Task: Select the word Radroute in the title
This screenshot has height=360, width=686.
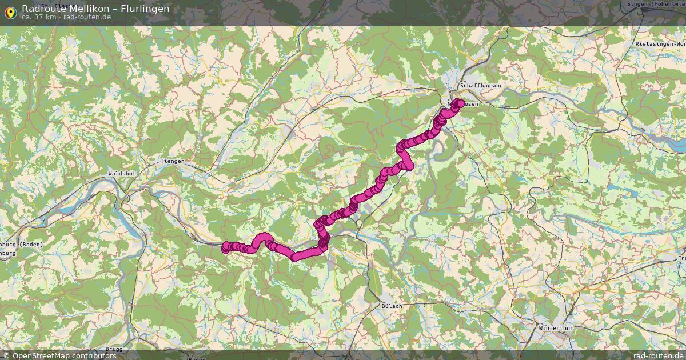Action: (x=41, y=9)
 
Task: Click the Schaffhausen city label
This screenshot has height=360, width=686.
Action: (x=480, y=86)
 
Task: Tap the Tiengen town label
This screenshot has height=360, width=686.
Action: (x=173, y=161)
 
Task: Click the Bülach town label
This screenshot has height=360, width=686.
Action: (x=392, y=306)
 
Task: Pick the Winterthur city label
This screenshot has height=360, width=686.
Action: (x=556, y=328)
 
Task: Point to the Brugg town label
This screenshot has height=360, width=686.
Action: (x=114, y=349)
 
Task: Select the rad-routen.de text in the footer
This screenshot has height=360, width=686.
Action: (x=651, y=355)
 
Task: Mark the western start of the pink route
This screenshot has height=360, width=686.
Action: (x=226, y=247)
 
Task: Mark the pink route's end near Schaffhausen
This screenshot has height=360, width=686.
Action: (x=460, y=103)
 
